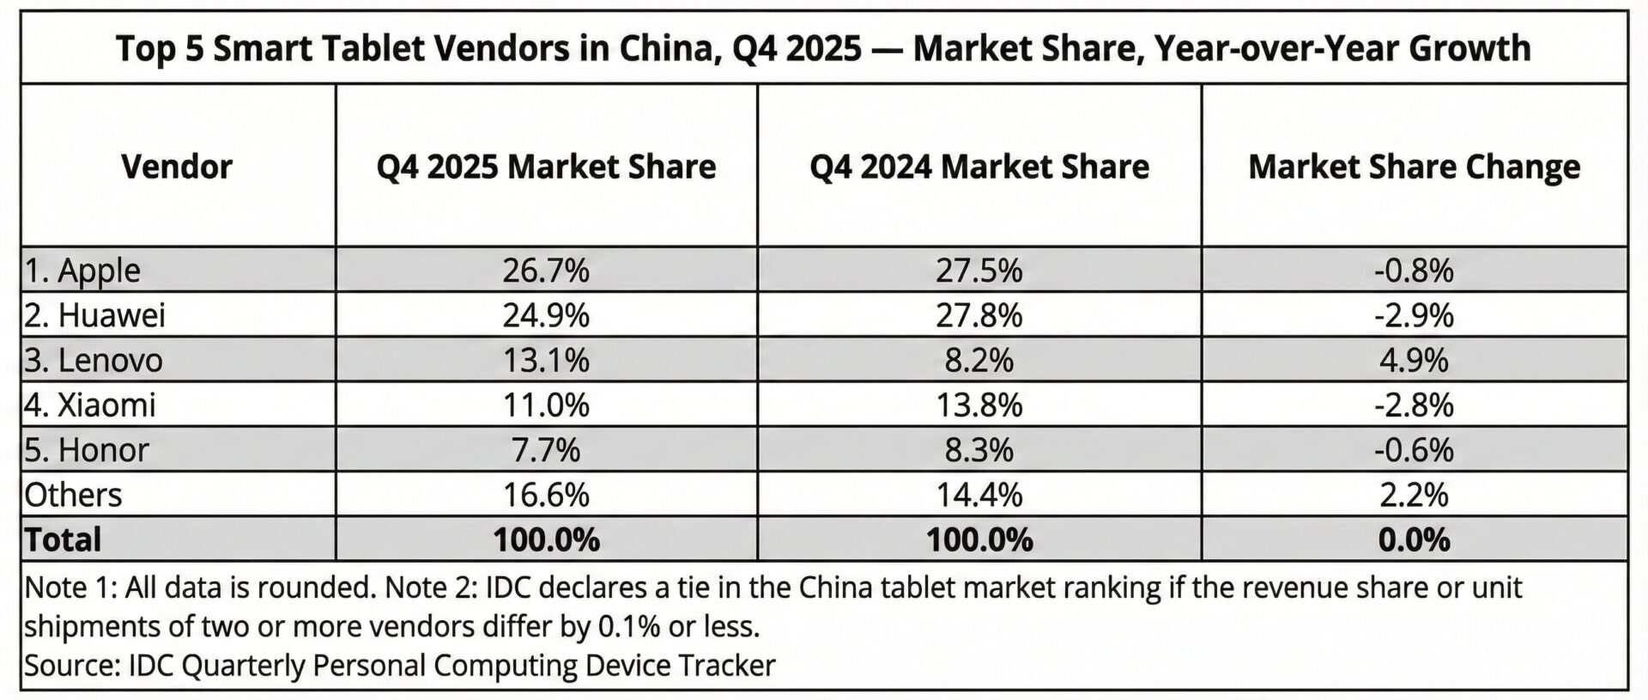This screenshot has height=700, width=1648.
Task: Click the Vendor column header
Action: click(x=177, y=167)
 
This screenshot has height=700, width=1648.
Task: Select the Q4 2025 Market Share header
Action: click(x=546, y=167)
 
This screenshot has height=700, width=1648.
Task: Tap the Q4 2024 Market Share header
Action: click(x=979, y=167)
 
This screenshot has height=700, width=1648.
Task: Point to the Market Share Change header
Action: click(x=1414, y=167)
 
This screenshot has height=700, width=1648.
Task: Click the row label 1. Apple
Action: click(x=82, y=271)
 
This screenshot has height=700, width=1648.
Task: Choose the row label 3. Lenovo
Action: click(x=93, y=360)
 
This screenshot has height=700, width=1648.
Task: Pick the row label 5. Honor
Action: click(x=87, y=450)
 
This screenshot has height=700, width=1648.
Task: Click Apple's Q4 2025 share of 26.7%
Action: click(x=546, y=271)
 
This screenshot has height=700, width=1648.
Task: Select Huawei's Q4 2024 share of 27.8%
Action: click(x=979, y=315)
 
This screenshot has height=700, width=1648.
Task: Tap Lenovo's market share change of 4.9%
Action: click(x=1414, y=360)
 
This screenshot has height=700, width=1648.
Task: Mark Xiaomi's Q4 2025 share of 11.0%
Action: click(x=546, y=405)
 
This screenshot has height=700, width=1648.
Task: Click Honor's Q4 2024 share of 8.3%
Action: click(x=979, y=450)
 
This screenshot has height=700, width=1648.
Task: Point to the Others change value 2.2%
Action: click(x=1414, y=495)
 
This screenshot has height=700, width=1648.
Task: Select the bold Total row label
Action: click(x=64, y=539)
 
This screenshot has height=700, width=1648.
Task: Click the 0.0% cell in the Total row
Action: click(x=1414, y=539)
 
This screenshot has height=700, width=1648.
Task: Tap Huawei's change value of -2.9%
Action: click(x=1414, y=315)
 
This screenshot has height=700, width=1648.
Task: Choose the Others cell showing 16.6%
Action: click(x=546, y=495)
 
